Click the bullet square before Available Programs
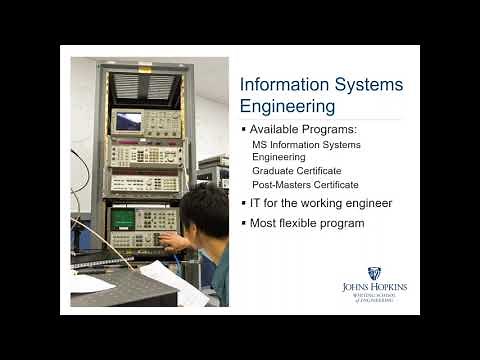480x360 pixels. pyautogui.click(x=244, y=130)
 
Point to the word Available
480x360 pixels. pyautogui.click(x=280, y=130)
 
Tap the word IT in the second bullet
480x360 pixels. pyautogui.click(x=257, y=203)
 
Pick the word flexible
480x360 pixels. pyautogui.click(x=306, y=222)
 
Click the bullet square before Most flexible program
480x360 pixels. pyautogui.click(x=244, y=222)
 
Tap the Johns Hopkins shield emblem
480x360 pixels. pyautogui.click(x=374, y=273)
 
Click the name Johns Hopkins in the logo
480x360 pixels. pyautogui.click(x=374, y=287)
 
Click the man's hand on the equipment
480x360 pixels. pyautogui.click(x=171, y=241)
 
